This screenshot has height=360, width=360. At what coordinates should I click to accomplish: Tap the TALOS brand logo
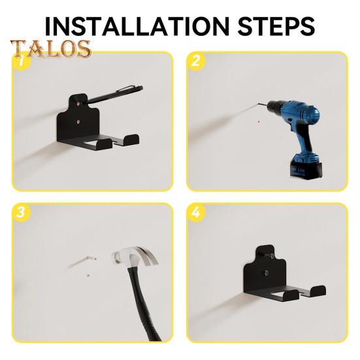point(50,49)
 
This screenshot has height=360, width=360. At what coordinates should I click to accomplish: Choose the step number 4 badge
point(195,213)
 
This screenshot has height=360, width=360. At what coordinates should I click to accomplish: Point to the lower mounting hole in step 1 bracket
point(78,121)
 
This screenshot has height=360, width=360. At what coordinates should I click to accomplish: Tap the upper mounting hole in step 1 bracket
point(78,103)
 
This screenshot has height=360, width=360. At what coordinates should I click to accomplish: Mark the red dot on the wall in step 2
point(259,121)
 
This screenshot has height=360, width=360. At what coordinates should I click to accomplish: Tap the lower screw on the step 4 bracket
point(266,273)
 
